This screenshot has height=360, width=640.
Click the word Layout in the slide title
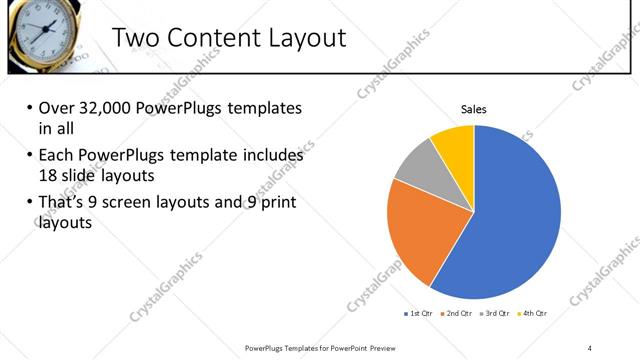302,38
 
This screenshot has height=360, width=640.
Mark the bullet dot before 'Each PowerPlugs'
29,156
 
